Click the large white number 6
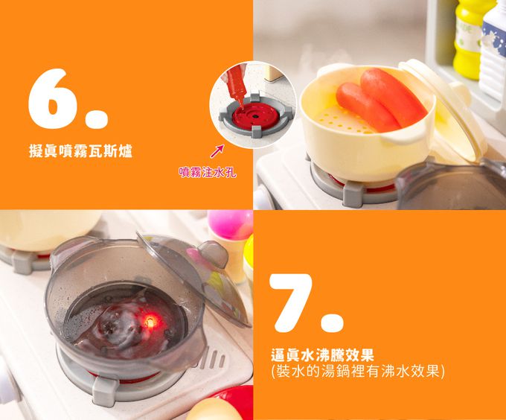click(x=53, y=98)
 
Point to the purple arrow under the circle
click(x=217, y=152)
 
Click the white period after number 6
click(x=97, y=118)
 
